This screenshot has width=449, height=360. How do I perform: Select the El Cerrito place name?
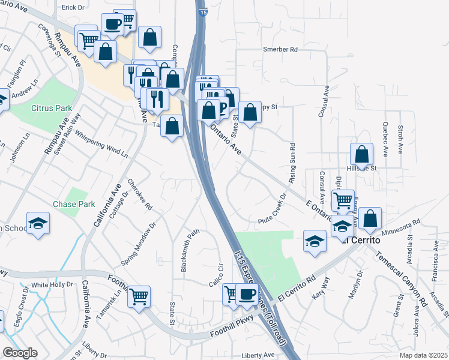tap(361, 239)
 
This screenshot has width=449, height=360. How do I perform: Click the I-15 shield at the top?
tap(202, 11)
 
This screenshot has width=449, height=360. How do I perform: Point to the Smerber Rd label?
tap(280, 49)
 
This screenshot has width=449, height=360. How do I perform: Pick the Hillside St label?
tap(364, 169)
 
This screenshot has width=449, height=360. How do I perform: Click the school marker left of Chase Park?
tap(38, 223)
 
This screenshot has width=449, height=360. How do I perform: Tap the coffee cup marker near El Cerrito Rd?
tap(246, 294)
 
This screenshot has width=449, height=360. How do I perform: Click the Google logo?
tap(20, 353)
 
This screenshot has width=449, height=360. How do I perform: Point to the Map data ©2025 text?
tap(423, 355)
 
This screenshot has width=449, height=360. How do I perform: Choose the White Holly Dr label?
tap(52, 284)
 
